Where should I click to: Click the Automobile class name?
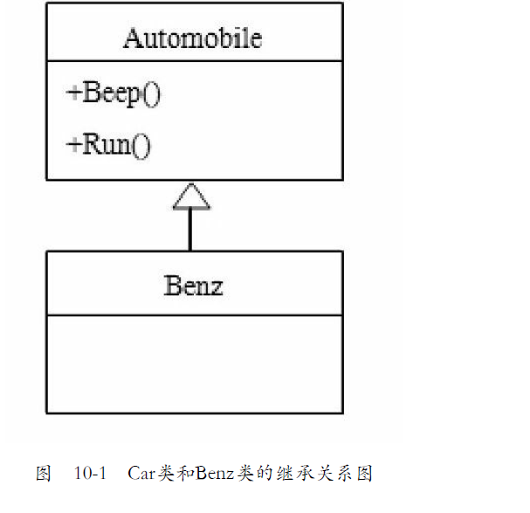192,38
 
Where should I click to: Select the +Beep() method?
114,94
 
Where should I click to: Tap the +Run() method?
108,143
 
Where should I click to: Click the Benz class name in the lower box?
193,285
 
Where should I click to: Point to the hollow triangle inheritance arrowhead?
191,198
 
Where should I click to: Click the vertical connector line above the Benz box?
191,231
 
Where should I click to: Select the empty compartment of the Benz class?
194,363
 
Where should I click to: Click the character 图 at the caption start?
43,474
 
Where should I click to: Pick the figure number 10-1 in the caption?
90,474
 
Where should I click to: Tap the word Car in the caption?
141,474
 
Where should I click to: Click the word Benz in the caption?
213,474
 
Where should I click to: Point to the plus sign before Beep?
73,94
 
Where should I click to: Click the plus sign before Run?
73,144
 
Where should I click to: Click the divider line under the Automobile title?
194,61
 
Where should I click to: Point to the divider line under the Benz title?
194,315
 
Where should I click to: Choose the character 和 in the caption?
182,474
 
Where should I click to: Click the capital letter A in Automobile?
132,38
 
